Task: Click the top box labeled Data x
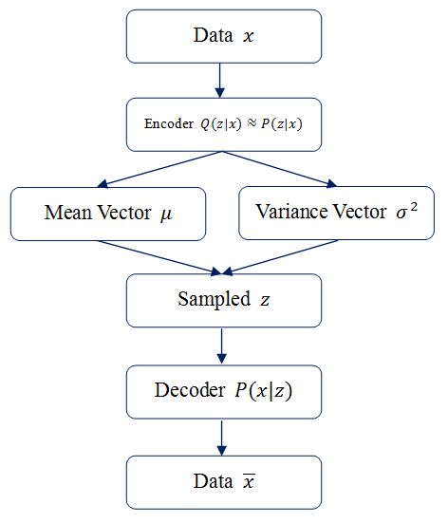pyautogui.click(x=223, y=36)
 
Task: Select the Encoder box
pyautogui.click(x=223, y=124)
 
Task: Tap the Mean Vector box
pyautogui.click(x=108, y=212)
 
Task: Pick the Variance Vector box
pyautogui.click(x=338, y=212)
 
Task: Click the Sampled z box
pyautogui.click(x=223, y=299)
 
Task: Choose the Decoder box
pyautogui.click(x=223, y=390)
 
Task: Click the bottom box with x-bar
pyautogui.click(x=223, y=481)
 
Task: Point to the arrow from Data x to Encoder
pyautogui.click(x=220, y=81)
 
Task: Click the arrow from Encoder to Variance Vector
pyautogui.click(x=286, y=169)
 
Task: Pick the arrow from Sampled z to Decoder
pyautogui.click(x=220, y=345)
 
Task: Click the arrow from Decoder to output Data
pyautogui.click(x=220, y=436)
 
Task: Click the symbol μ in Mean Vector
pyautogui.click(x=167, y=214)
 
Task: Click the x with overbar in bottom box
pyautogui.click(x=248, y=481)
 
